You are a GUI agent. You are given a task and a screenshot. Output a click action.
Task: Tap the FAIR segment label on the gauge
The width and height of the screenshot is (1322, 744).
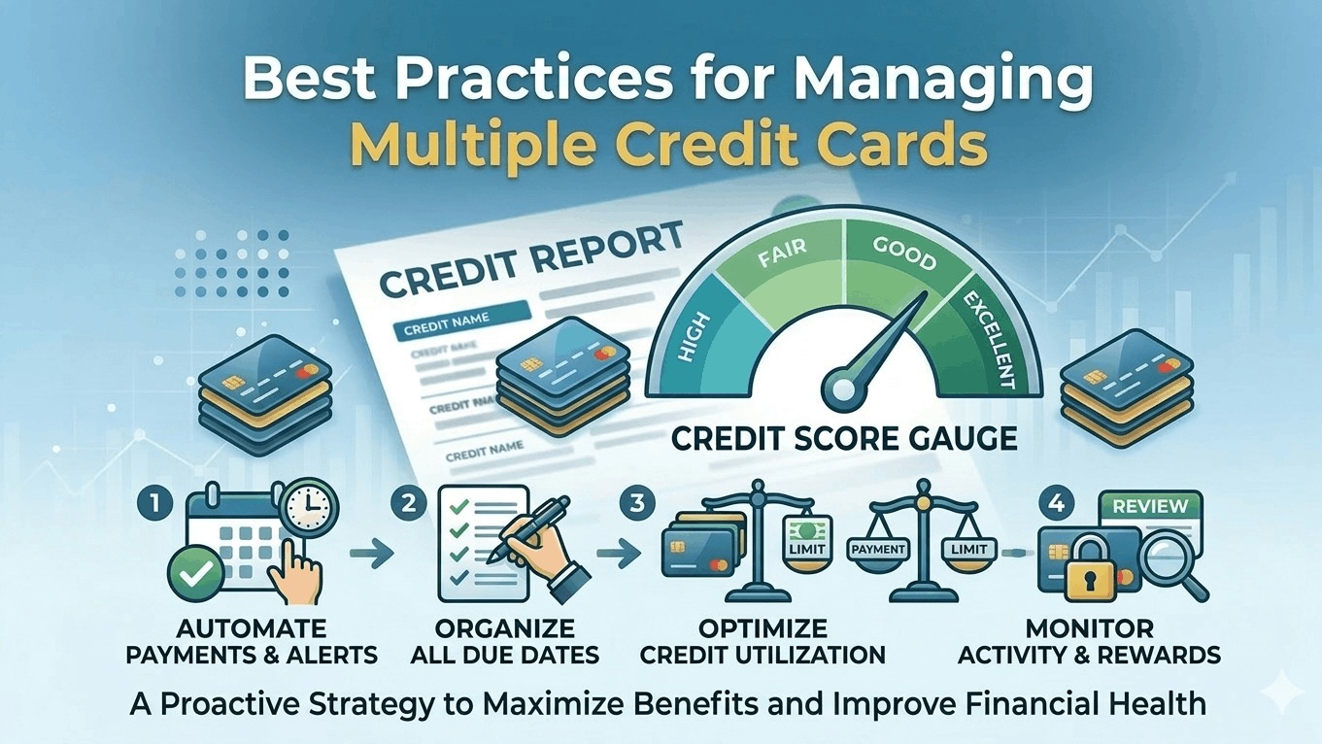tap(778, 259)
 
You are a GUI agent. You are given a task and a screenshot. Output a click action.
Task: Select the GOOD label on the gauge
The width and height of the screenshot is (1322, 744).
tap(904, 259)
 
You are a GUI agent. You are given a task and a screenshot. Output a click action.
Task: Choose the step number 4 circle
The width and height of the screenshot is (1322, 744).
tap(1055, 506)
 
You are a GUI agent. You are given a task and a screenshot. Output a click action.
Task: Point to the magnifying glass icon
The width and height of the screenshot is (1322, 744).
tap(1169, 564)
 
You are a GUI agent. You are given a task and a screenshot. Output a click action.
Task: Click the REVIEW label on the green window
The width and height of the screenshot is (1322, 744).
tap(1149, 506)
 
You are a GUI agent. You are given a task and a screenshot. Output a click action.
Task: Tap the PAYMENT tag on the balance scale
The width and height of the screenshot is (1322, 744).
tap(877, 550)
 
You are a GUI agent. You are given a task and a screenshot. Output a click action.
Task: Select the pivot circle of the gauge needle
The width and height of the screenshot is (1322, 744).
tap(840, 390)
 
